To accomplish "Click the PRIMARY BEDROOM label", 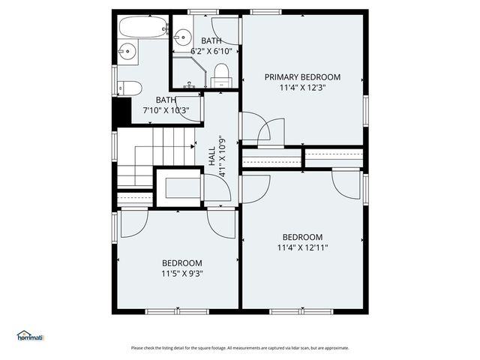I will (x=302, y=77).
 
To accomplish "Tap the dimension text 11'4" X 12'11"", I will (x=302, y=247).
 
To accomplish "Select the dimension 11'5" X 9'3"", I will (x=182, y=274).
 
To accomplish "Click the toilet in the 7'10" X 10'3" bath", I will (x=130, y=88).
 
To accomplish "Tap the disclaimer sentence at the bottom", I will (x=239, y=348).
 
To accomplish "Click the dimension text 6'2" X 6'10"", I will (x=211, y=52).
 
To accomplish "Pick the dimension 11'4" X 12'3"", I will (x=302, y=88).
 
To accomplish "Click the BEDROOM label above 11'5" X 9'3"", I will (x=182, y=262).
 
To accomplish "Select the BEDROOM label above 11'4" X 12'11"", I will (x=302, y=237).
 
